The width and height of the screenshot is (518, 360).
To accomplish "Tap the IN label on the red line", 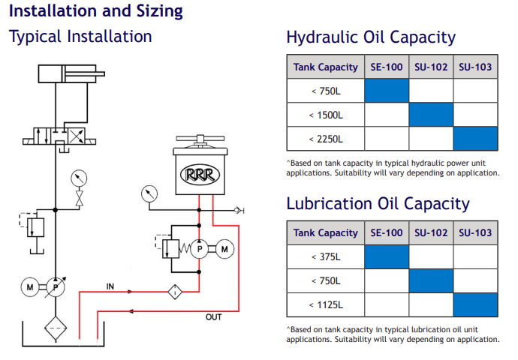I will [110, 286].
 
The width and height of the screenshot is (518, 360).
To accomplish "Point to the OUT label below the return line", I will [214, 317].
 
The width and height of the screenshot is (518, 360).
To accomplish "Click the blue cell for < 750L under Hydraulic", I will [387, 91].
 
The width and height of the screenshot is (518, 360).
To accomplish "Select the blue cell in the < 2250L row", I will [475, 139].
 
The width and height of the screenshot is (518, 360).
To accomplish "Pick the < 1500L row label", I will [325, 115].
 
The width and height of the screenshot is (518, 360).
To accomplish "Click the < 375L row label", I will [325, 256].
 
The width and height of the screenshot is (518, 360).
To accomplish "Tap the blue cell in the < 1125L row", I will [475, 304].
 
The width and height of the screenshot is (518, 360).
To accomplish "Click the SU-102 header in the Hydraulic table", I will [431, 67].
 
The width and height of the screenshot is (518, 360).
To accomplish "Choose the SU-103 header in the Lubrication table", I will [475, 232].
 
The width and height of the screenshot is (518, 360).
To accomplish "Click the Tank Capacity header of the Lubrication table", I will [325, 232].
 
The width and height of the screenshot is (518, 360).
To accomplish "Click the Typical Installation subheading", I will [80, 37].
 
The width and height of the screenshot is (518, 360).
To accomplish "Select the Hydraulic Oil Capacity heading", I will [371, 37].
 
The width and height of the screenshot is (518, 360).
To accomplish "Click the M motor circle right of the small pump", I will [223, 249].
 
